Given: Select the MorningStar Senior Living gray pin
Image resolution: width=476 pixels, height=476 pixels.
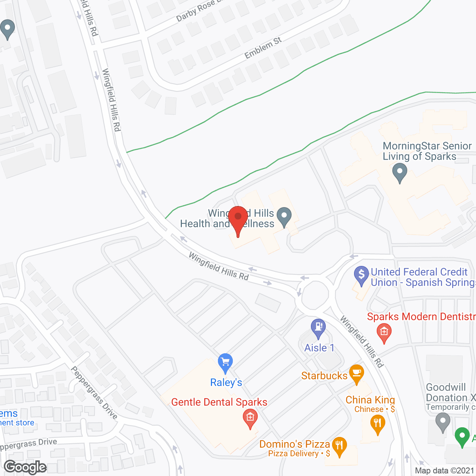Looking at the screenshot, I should coord(400,173).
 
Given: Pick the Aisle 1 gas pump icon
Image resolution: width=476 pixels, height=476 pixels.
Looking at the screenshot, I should coord(318,328).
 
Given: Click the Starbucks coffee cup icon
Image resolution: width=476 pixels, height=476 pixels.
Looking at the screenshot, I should coord(356,373).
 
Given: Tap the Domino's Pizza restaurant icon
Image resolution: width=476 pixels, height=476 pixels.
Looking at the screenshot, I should coord(339,446).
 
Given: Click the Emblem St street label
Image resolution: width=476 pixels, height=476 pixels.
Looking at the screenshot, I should coord(263,48).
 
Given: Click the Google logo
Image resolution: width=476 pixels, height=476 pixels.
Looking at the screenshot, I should coord(25,467).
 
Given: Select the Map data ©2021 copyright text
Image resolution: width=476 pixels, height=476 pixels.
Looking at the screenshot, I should coord(445,470).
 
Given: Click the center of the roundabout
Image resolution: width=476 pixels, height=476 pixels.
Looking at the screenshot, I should coord(315,295).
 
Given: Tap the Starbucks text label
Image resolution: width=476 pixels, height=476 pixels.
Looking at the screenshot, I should coord(324,376).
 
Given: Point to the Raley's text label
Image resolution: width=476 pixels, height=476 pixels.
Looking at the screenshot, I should coord(226,382).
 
